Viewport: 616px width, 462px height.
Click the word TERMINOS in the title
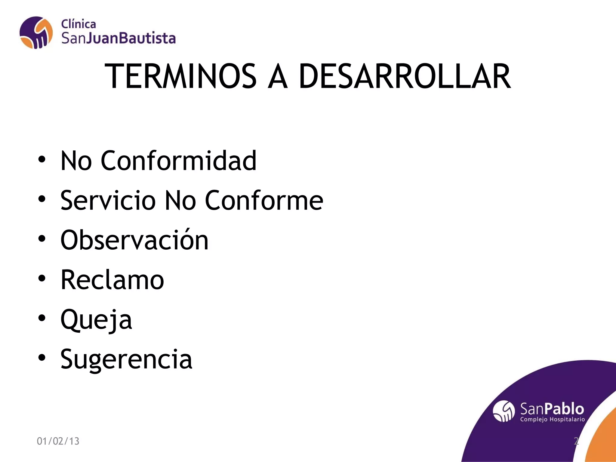point(180,76)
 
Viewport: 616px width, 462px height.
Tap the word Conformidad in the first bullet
point(178,161)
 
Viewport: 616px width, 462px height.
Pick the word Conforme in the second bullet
point(264,200)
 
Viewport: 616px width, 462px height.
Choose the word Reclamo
point(112,280)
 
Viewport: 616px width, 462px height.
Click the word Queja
point(96,319)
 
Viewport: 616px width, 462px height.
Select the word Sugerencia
point(126,359)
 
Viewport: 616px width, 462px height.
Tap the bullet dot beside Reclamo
point(42,278)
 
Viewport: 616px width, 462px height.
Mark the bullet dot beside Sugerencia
point(42,358)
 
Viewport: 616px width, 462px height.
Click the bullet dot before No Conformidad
point(42,159)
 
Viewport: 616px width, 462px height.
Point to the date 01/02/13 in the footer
point(58,441)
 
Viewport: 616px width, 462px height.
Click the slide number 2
point(576,441)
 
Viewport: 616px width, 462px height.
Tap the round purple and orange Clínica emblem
point(36,32)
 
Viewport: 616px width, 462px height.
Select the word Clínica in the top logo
point(79,24)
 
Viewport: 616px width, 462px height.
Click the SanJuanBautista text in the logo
point(119,38)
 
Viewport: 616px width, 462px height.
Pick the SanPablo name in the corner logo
point(552,409)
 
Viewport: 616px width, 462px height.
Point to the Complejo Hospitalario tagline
point(553,419)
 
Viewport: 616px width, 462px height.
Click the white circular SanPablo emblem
point(504,411)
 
